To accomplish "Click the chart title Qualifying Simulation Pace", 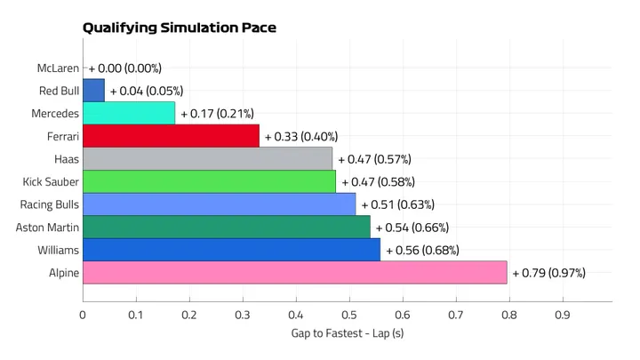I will click(x=179, y=28).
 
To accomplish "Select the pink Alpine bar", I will click(x=294, y=272).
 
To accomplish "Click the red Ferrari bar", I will click(x=171, y=136).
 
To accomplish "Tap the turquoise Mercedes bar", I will click(x=128, y=113).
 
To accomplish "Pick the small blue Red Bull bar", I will click(x=93, y=90).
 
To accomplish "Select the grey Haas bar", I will click(x=207, y=158).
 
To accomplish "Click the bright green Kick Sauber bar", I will click(x=209, y=181).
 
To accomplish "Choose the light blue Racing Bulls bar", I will click(x=219, y=204).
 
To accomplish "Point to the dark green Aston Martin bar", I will click(x=226, y=227).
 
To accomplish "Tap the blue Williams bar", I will click(x=231, y=250).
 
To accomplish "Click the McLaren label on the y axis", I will click(x=58, y=68).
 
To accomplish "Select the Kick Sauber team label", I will click(x=51, y=181).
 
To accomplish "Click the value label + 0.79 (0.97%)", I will click(x=548, y=273).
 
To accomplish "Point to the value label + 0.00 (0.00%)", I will click(x=124, y=68).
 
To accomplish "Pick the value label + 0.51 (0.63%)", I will click(x=397, y=204).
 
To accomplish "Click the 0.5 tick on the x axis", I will click(x=349, y=315).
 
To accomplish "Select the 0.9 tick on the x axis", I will click(x=562, y=315).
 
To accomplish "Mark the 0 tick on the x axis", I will click(x=83, y=315).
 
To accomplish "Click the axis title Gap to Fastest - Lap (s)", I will click(x=348, y=334).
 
